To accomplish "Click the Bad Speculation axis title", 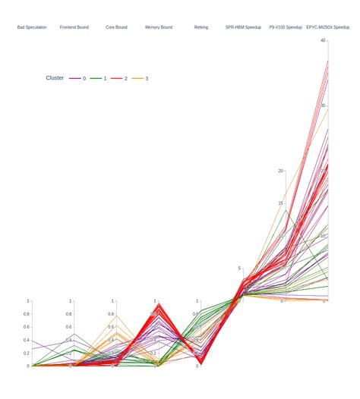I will tap(32, 27).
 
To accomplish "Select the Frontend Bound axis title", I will tap(74, 27).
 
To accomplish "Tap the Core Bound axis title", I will tap(116, 27).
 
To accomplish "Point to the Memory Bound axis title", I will tap(159, 27).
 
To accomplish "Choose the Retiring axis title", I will tap(201, 27).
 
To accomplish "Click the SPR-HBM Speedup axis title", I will tap(243, 27).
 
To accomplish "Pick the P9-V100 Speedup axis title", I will tap(286, 27).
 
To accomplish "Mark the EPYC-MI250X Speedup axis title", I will tap(328, 27).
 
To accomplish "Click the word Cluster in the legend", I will tap(55, 78).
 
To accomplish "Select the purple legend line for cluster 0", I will tap(75, 78).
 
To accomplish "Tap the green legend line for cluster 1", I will tap(96, 78).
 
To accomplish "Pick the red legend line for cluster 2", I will tap(117, 78).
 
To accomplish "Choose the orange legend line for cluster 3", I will tap(137, 78).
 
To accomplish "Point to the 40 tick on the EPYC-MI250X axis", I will tap(323, 40).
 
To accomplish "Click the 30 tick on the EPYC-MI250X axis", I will tap(323, 105).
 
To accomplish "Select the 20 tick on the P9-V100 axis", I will tap(280, 171).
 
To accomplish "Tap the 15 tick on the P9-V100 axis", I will tap(280, 203).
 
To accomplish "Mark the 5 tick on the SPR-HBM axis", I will tap(238, 268).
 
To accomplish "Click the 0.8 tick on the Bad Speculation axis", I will tap(26, 314).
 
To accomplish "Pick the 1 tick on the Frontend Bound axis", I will tap(70, 301).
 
